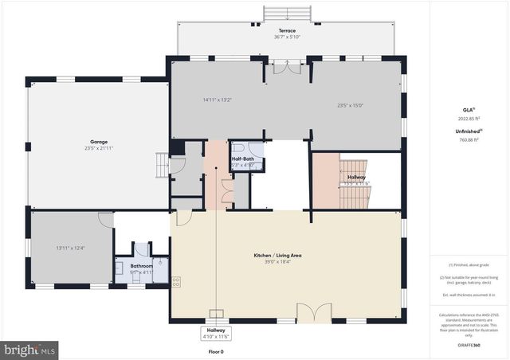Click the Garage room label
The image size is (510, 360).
100,143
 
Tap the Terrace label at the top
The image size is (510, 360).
286,31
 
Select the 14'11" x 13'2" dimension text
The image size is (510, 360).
217,100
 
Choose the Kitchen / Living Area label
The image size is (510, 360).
284,255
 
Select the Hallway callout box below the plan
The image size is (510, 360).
217,334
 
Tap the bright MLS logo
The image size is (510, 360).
30,349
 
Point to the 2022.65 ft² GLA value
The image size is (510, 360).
469,118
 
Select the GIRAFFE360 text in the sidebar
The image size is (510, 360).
469,346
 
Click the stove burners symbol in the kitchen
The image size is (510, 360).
175,282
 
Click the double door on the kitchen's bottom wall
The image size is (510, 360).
314,312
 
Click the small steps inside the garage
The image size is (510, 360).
162,165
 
